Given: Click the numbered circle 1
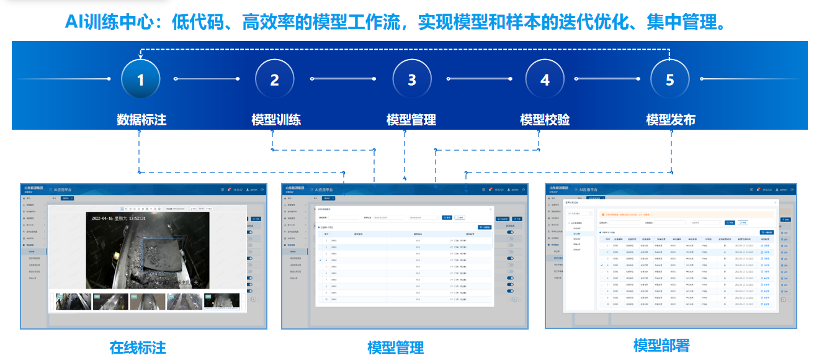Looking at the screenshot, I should click(x=141, y=79).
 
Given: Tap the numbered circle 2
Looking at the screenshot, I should click(x=275, y=79).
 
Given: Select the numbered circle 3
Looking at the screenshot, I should click(x=412, y=79).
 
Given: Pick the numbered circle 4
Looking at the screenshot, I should click(x=545, y=79).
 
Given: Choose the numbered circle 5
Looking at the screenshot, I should click(x=669, y=79).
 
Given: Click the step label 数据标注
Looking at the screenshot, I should click(x=141, y=119).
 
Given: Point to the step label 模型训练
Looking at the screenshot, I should click(x=276, y=119).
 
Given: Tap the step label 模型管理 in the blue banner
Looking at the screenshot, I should click(x=411, y=119).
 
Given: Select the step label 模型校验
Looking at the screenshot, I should click(x=545, y=119).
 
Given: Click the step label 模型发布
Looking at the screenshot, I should click(x=671, y=119).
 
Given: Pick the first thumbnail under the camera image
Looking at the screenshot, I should click(x=73, y=301).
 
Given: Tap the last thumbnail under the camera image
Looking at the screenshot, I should click(x=221, y=301).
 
